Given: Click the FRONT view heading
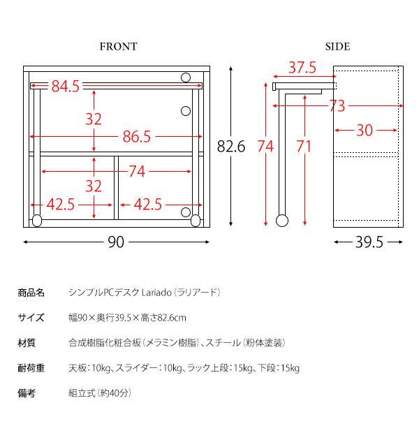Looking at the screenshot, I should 118,47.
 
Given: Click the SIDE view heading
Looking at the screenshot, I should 337,47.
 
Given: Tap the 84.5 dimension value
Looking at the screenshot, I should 66,87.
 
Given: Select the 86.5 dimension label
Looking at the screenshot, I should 137,137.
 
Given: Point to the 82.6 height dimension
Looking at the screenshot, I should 231,147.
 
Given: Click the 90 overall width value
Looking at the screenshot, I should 116,242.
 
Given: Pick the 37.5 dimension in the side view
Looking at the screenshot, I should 302,68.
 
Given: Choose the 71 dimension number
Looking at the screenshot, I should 304,147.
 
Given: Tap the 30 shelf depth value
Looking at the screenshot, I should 365,130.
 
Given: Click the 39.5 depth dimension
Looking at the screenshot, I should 369,242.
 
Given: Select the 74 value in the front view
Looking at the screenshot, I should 137,171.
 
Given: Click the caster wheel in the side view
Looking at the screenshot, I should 281,221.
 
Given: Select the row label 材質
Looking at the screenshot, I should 27,343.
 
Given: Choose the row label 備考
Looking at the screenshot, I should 27,393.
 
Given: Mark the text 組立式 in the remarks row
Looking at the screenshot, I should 80,393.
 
